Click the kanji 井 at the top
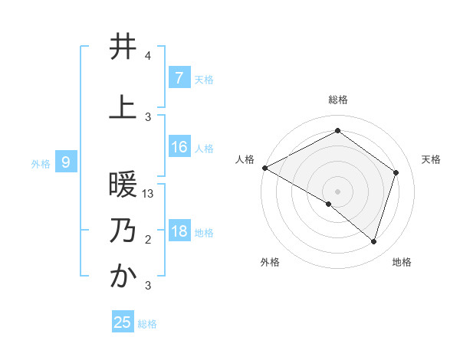[x=123, y=47]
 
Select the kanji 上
[x=123, y=106]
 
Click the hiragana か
[x=123, y=277]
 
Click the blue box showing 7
[x=179, y=77]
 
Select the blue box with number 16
[x=179, y=147]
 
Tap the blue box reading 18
[x=179, y=231]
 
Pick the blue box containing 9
[x=66, y=162]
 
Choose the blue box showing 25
[x=123, y=322]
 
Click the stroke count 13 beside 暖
[x=149, y=194]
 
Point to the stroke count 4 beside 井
[x=147, y=56]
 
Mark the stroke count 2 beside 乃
[x=148, y=240]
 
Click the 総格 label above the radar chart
[x=337, y=100]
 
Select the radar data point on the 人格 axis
[x=264, y=167]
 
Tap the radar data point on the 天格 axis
[x=396, y=172]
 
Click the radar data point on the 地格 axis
[x=373, y=241]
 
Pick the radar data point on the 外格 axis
[x=329, y=204]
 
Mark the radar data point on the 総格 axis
[x=337, y=131]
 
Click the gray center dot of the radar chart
[x=337, y=191]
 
